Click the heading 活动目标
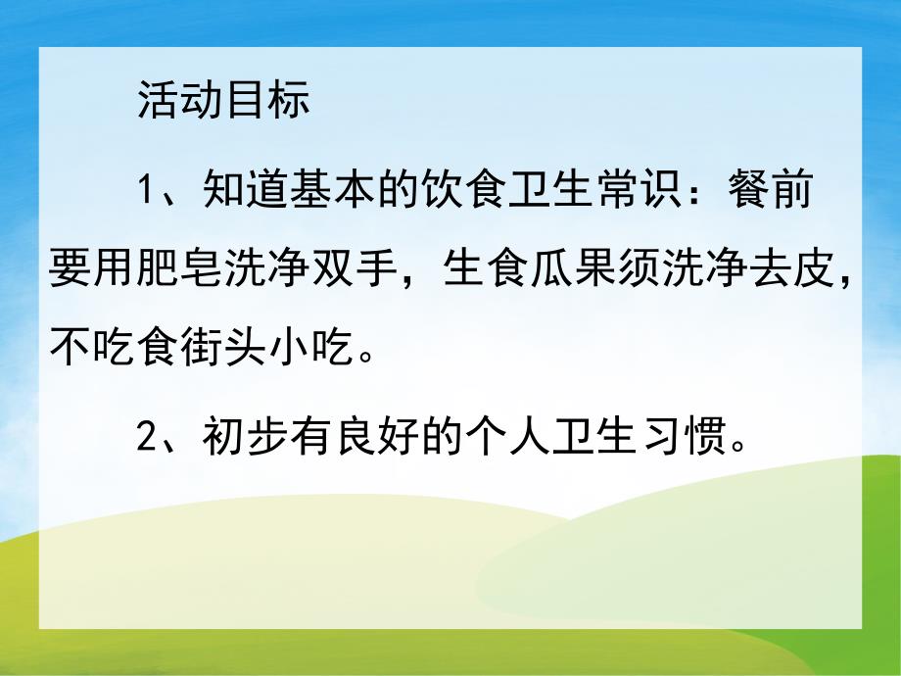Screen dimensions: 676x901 (x=223, y=101)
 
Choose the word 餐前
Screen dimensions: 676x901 (x=769, y=191)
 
